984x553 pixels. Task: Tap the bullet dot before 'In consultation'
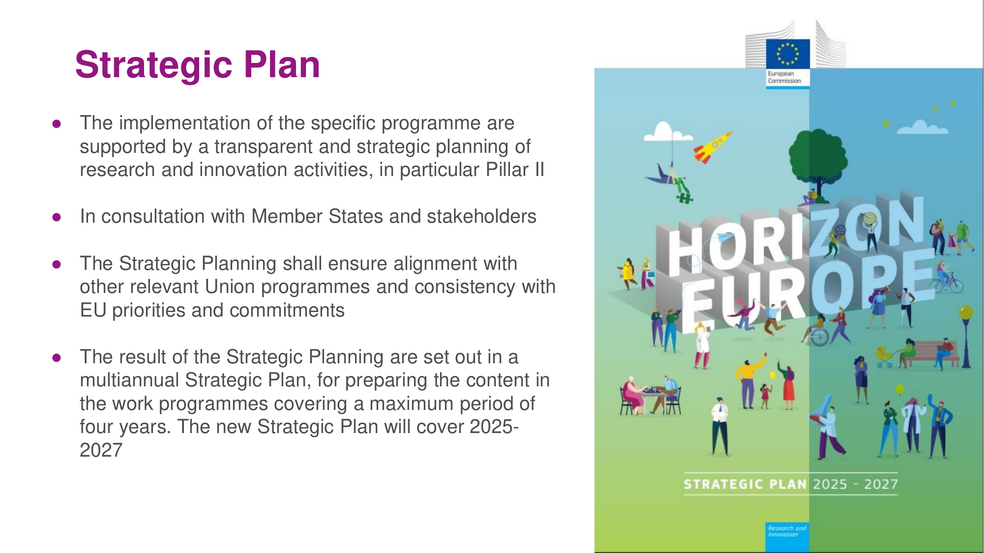click(57, 217)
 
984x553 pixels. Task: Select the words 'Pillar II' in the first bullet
click(515, 170)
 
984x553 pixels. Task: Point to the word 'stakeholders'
click(481, 216)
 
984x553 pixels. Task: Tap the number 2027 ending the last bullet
click(101, 450)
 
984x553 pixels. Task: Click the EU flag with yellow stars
click(788, 54)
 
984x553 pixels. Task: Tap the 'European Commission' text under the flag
click(784, 77)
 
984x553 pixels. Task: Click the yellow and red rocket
click(712, 147)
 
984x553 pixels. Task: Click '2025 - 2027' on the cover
click(855, 485)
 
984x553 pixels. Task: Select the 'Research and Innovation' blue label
click(787, 537)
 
